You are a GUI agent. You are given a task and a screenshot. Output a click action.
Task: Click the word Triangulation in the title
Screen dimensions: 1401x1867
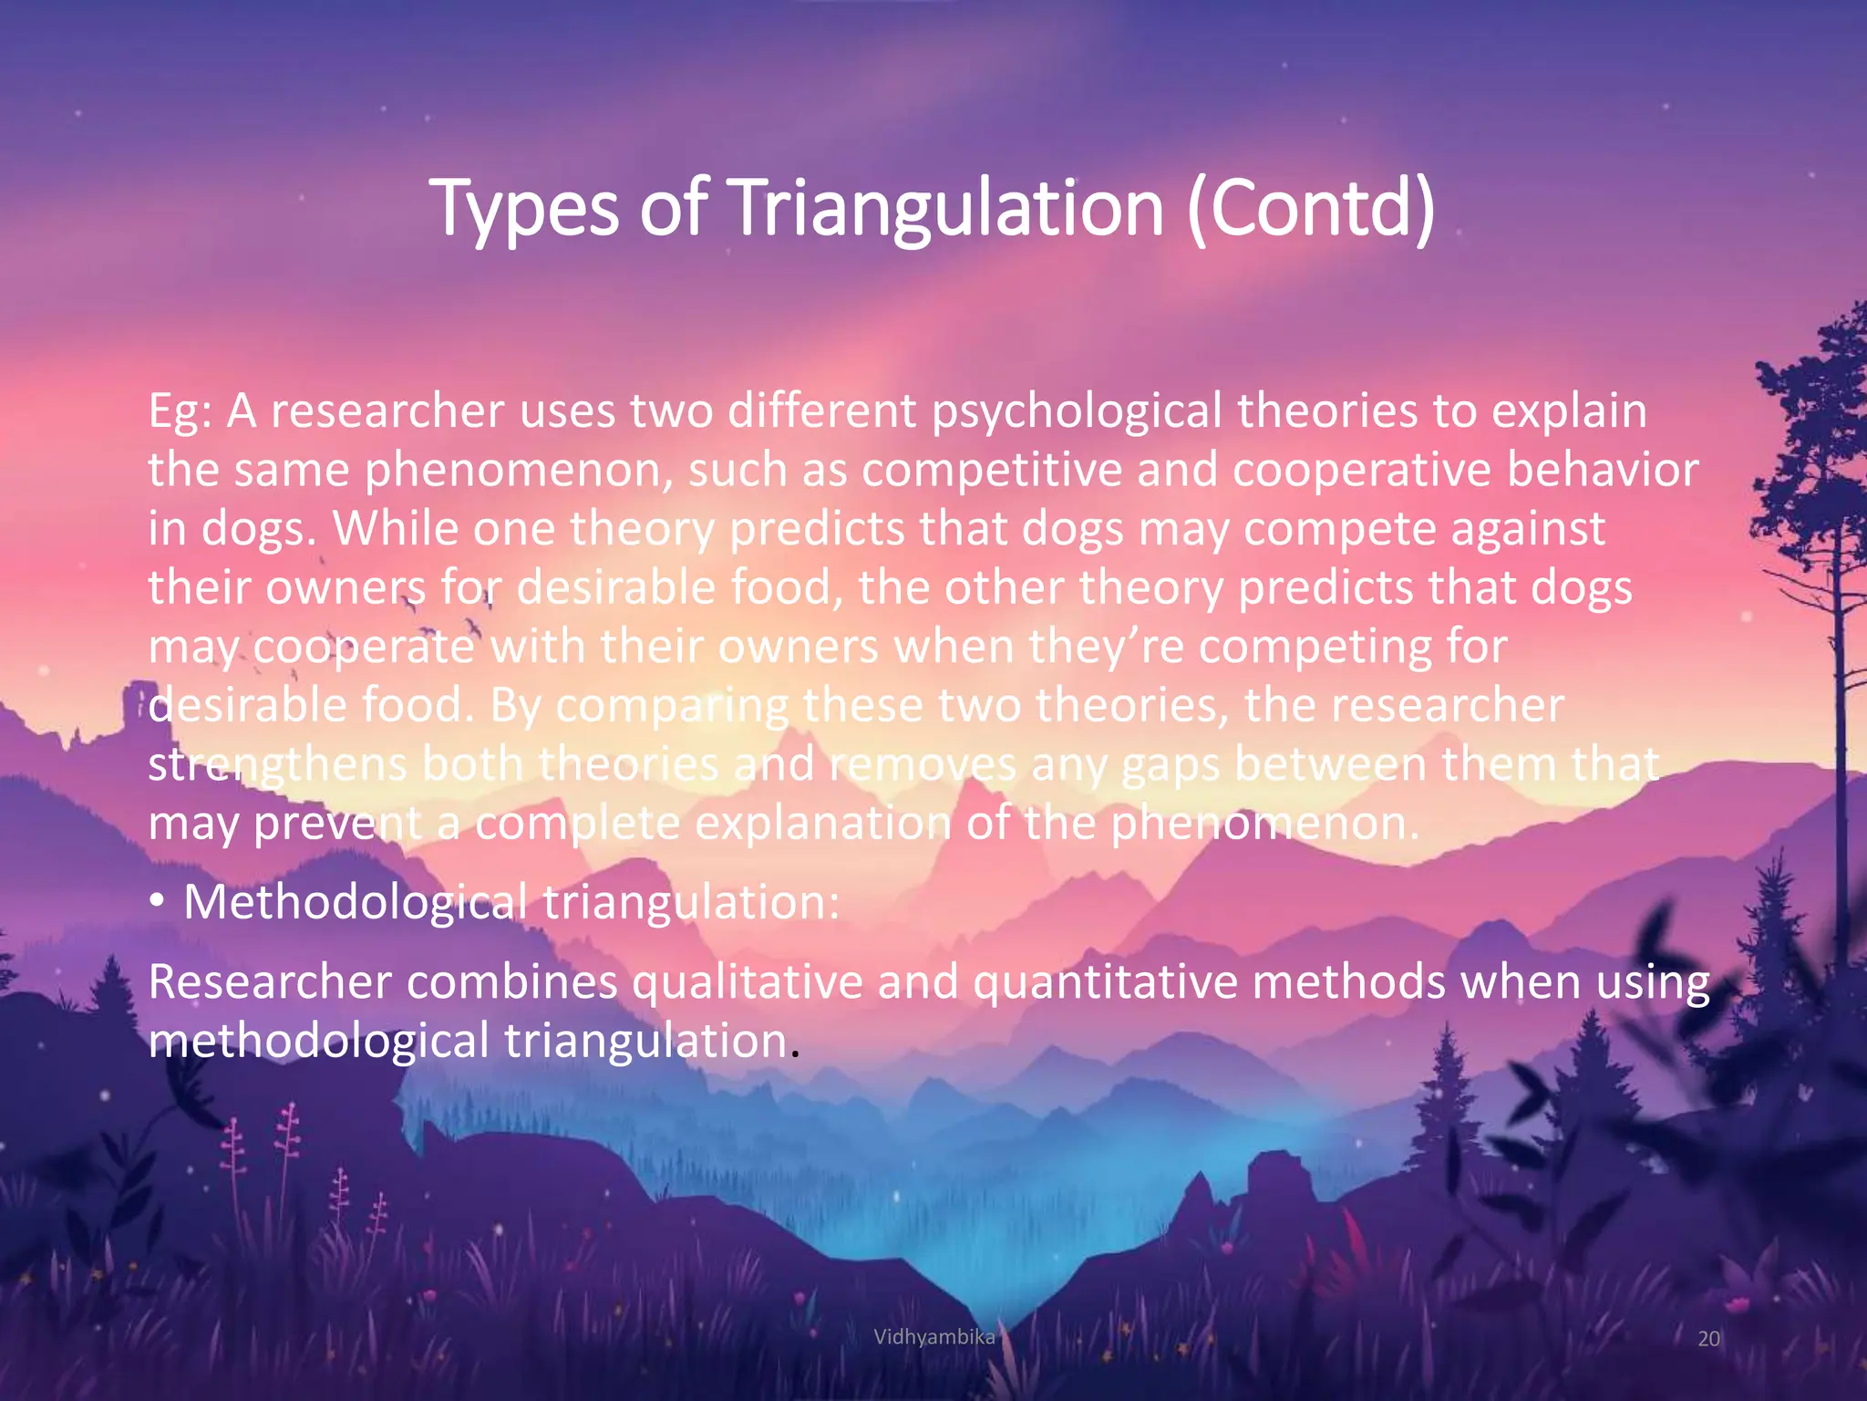point(948,208)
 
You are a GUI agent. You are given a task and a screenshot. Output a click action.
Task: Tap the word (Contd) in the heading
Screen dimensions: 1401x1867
point(1311,208)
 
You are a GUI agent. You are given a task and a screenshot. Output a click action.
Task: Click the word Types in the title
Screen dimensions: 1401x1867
point(526,210)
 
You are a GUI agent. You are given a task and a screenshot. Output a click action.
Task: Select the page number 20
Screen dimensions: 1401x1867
point(1708,1338)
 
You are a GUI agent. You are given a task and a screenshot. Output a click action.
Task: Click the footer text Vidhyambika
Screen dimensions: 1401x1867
point(933,1337)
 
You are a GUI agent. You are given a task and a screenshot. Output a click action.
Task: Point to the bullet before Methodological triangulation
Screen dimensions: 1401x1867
point(158,902)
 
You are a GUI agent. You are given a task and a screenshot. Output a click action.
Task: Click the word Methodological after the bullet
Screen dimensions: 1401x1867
point(355,902)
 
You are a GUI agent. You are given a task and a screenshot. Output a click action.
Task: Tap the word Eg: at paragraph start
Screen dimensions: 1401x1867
point(181,412)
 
